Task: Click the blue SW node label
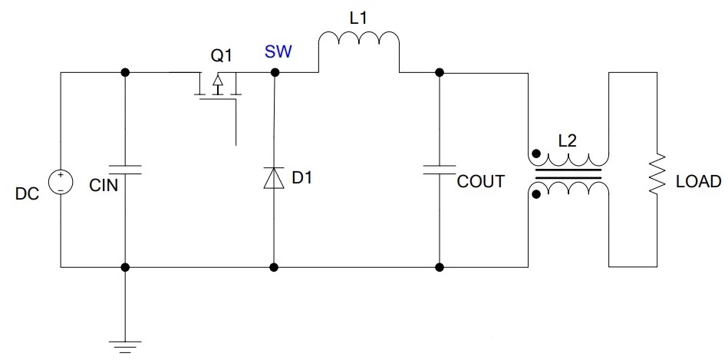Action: pos(278,52)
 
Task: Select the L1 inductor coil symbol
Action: pos(358,38)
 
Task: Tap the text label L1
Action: pos(358,19)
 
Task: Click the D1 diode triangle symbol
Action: pos(273,178)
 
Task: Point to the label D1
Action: pos(301,177)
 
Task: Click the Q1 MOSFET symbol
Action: pos(217,88)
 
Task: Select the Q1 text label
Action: pos(221,56)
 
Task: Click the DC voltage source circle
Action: pos(61,182)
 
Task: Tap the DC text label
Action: pos(27,194)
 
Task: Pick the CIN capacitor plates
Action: pos(124,169)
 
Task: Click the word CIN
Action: pos(104,186)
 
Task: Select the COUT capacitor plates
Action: pos(440,169)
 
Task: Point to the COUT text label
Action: pos(480,181)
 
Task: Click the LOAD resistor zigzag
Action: pos(657,175)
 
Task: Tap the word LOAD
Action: pos(698,182)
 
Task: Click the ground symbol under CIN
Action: pos(124,347)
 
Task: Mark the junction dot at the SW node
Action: pos(275,72)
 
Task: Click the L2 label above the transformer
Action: pos(568,140)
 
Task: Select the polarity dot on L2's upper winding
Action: pos(536,154)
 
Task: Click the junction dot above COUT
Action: pos(440,72)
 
